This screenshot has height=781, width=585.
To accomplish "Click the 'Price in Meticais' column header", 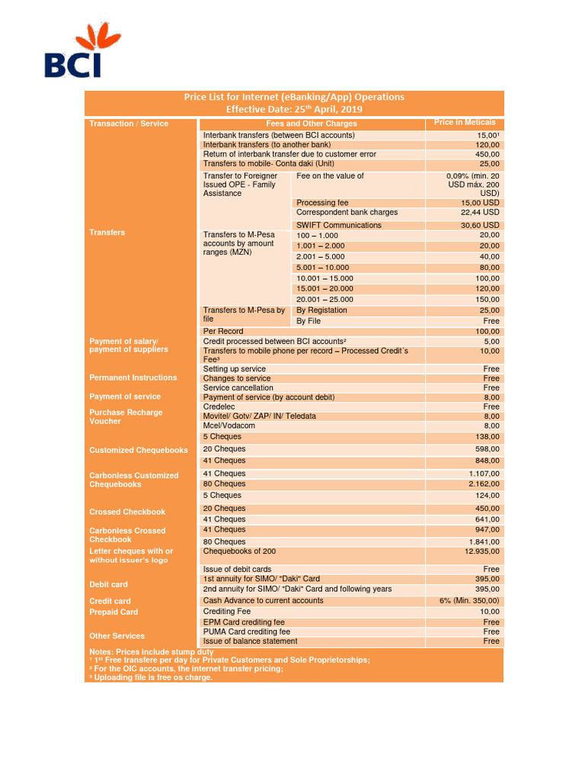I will point(465,123).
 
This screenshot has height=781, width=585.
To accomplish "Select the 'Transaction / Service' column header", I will point(129,124).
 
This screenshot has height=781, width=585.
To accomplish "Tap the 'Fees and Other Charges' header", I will point(311,124).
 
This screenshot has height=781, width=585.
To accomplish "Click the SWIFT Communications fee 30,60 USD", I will point(480,225).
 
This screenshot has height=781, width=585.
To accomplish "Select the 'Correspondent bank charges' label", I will point(347,212).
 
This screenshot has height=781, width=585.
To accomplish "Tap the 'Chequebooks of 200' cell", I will point(239,551).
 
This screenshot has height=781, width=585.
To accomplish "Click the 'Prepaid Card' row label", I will point(113,612).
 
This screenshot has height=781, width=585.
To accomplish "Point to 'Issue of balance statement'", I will point(250,641).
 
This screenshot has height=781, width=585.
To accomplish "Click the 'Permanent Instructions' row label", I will point(133,378).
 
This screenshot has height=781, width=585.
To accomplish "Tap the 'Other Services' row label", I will point(117,635).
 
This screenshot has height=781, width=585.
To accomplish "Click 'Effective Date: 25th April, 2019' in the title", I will point(293,109).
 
